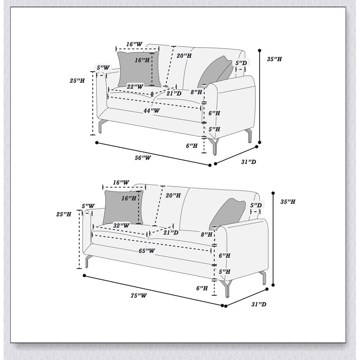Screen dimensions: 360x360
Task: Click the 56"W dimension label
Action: coord(143,158)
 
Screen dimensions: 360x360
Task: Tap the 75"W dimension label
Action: coord(139,296)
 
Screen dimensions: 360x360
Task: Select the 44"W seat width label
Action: coord(152,111)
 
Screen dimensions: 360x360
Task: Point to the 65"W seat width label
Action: coord(147,251)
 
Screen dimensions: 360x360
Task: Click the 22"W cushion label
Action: coord(135,87)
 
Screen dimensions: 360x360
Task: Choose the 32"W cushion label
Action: coord(121,225)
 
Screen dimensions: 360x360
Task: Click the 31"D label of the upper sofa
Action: coord(248,162)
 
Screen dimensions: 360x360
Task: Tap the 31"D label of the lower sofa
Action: coord(259,304)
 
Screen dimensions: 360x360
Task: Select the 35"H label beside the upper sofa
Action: coord(274,59)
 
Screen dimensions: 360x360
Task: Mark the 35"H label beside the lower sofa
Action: coord(288,202)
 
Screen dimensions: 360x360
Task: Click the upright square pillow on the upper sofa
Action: coord(139,69)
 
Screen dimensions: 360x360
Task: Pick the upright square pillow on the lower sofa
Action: coord(123,207)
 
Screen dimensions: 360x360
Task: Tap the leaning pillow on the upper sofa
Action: coord(216,71)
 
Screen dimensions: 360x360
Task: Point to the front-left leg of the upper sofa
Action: coord(100,126)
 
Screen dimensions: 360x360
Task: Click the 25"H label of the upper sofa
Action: coord(77,81)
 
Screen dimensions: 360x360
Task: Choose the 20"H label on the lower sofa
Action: coord(173,195)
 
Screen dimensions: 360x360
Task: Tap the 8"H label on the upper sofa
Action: coord(196,92)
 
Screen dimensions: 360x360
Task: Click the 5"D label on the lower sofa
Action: coord(256,205)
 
